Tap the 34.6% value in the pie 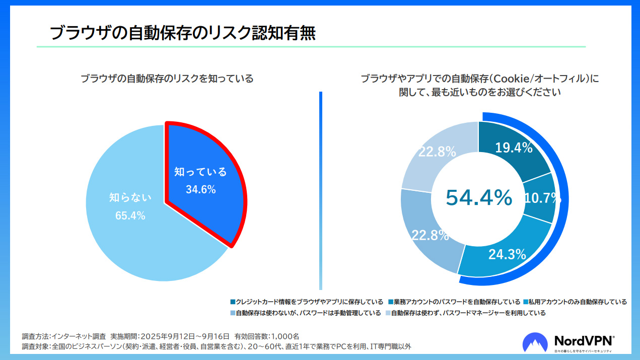(x=200, y=190)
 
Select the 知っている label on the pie (x=200, y=172)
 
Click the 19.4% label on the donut (x=514, y=148)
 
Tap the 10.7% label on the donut (x=542, y=198)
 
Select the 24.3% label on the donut (x=507, y=254)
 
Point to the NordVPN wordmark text (x=583, y=340)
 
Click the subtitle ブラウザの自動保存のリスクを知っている (x=167, y=79)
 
